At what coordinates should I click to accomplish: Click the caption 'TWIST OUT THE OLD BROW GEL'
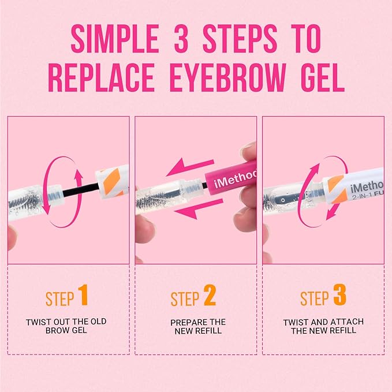66,326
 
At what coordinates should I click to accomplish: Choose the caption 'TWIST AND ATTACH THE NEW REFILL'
323,326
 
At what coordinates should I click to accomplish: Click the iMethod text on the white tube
368,186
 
